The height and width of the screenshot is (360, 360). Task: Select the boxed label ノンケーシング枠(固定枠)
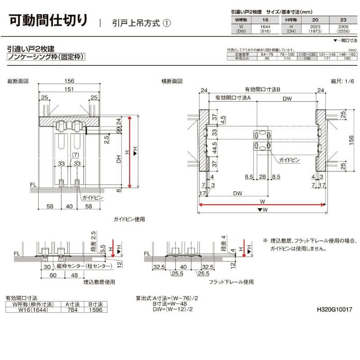[x=46, y=57]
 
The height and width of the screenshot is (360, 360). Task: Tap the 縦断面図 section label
[x=18, y=81]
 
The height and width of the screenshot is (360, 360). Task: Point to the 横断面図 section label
[x=172, y=81]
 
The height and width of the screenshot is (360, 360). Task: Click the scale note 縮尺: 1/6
[x=340, y=81]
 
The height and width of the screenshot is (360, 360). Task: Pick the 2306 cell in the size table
[x=343, y=28]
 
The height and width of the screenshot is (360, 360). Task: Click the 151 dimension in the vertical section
[x=69, y=90]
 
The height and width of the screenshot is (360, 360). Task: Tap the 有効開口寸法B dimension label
[x=262, y=90]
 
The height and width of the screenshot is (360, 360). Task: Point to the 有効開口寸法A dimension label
[x=233, y=98]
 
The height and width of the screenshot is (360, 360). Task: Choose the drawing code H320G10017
[x=334, y=310]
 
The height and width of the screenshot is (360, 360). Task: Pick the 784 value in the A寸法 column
[x=72, y=310]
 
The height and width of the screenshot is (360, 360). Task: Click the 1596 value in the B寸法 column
[x=95, y=310]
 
